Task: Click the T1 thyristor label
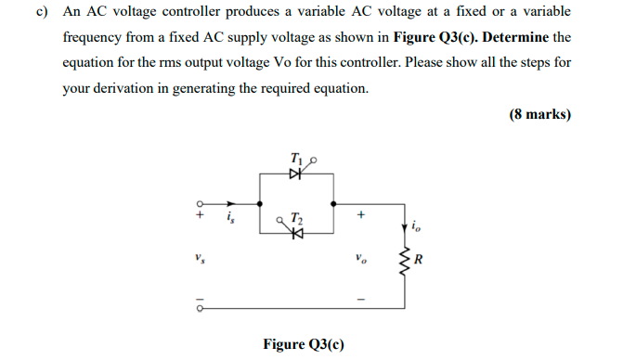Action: [x=296, y=158]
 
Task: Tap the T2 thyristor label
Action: [x=296, y=218]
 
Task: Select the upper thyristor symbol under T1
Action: [x=296, y=173]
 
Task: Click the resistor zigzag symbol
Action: [x=404, y=258]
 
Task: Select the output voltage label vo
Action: [x=357, y=257]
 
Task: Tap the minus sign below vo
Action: [x=361, y=299]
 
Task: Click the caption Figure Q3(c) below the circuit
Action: [x=303, y=344]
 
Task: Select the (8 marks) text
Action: [x=539, y=115]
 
